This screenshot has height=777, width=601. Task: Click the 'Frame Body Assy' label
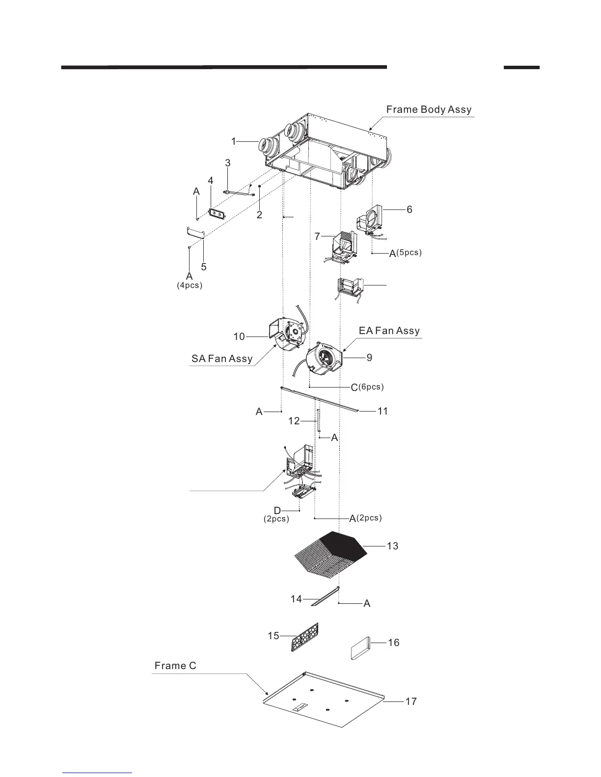pyautogui.click(x=429, y=109)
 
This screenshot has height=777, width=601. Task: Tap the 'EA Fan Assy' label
pyautogui.click(x=389, y=331)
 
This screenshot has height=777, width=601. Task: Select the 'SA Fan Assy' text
pyautogui.click(x=222, y=359)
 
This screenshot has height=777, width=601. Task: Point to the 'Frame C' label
pyautogui.click(x=175, y=666)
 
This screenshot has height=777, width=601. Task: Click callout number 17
pyautogui.click(x=411, y=701)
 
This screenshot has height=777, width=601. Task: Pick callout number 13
pyautogui.click(x=392, y=545)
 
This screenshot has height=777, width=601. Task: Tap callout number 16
pyautogui.click(x=394, y=642)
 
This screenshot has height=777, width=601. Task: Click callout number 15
pyautogui.click(x=273, y=636)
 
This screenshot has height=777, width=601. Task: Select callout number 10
pyautogui.click(x=239, y=337)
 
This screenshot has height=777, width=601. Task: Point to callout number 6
pyautogui.click(x=410, y=209)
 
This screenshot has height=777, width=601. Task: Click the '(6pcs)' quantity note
pyautogui.click(x=371, y=387)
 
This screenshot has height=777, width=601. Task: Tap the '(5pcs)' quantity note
pyautogui.click(x=409, y=253)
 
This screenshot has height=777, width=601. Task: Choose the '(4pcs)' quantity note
pyautogui.click(x=190, y=285)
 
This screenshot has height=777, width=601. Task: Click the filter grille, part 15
pyautogui.click(x=305, y=636)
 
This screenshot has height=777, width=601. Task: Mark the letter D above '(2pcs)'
pyautogui.click(x=277, y=511)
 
